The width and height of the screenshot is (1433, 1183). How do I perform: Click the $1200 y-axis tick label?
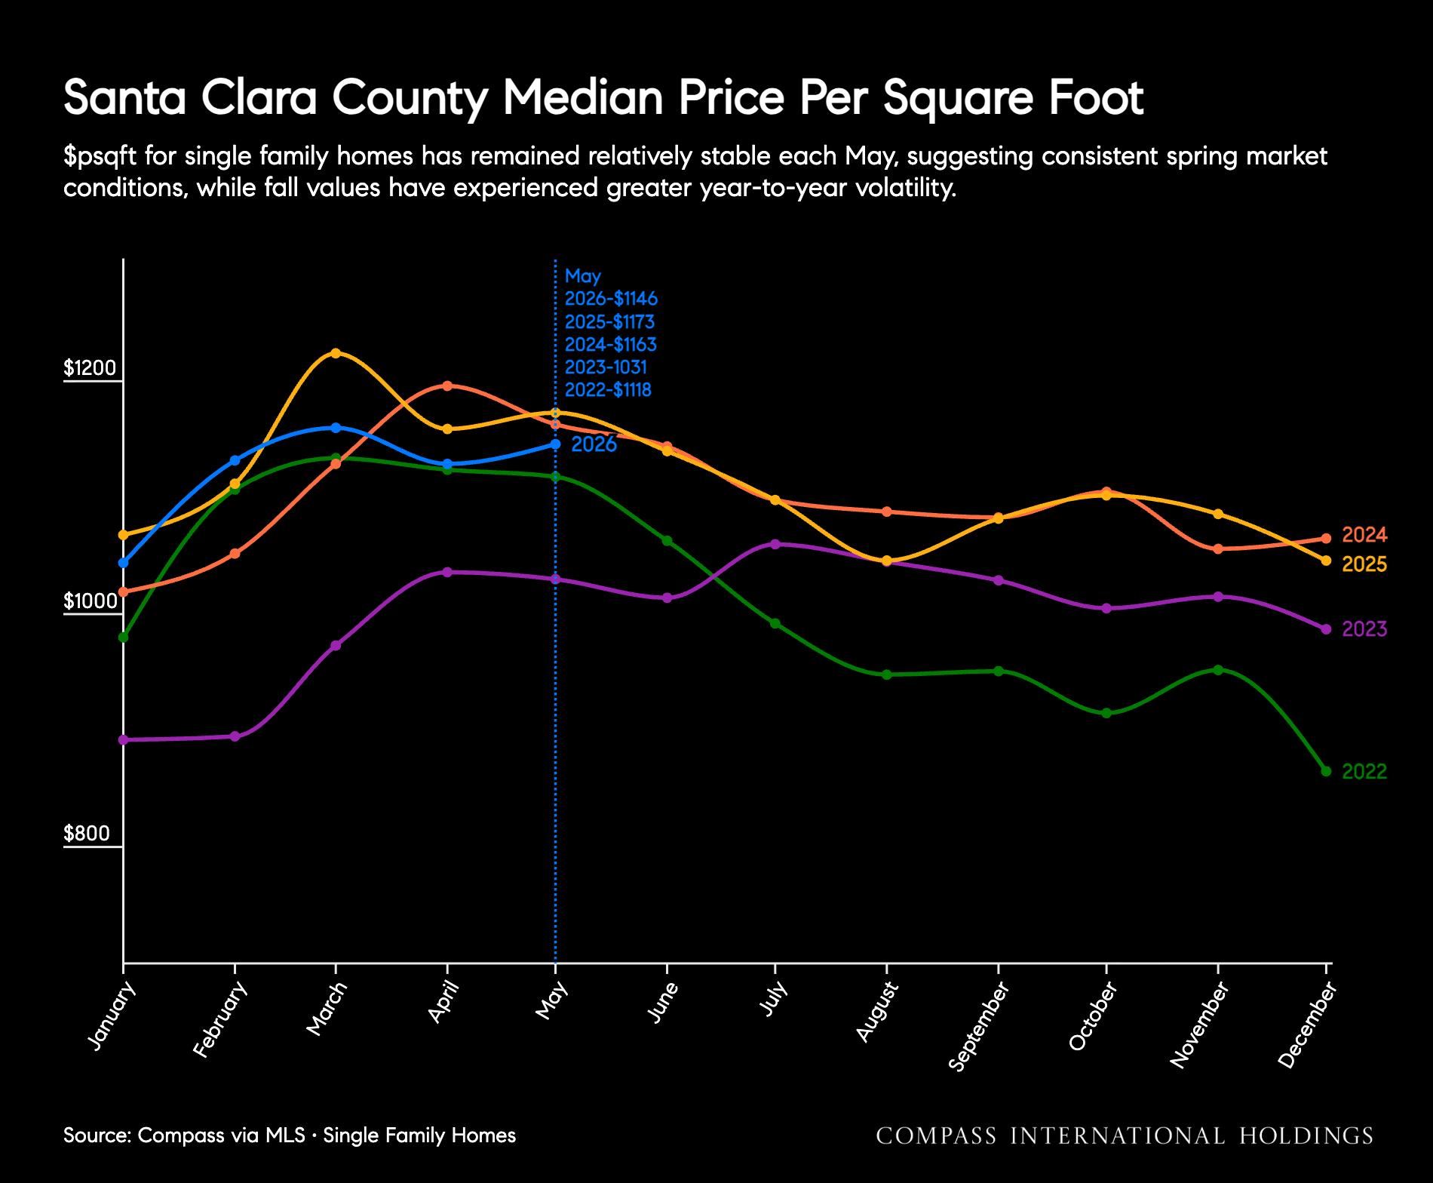90,368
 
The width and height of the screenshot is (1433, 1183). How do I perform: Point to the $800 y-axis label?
87,834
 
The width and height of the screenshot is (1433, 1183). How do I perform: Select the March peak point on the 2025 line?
336,353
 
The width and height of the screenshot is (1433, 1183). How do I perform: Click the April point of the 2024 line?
447,386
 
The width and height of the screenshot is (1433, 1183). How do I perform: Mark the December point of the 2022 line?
1327,771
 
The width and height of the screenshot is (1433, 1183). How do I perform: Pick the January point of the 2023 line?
124,739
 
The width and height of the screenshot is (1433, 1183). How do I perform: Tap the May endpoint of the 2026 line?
556,444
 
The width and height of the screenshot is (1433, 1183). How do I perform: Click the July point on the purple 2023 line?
775,544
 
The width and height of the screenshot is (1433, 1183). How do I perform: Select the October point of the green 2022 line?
1106,713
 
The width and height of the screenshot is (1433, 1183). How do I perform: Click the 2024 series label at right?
1365,536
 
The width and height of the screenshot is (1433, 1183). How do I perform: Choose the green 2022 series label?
1365,772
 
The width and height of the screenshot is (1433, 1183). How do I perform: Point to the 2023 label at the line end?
1365,629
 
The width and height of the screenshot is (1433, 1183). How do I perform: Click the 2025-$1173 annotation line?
609,322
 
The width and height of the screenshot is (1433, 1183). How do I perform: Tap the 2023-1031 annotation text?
606,367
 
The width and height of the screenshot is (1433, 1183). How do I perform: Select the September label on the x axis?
978,1027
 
